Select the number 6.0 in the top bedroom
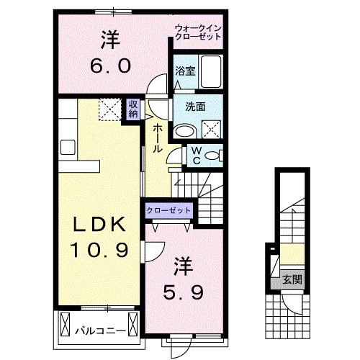(111, 66)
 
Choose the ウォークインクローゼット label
(199, 32)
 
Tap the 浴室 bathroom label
(185, 71)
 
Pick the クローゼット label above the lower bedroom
(169, 210)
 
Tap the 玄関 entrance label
(292, 279)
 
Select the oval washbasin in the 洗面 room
(186, 130)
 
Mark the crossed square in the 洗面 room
(213, 130)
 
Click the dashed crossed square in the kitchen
(110, 110)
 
